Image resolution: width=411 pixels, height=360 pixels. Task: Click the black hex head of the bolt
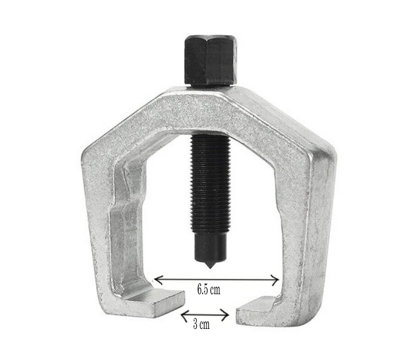[211, 60]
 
